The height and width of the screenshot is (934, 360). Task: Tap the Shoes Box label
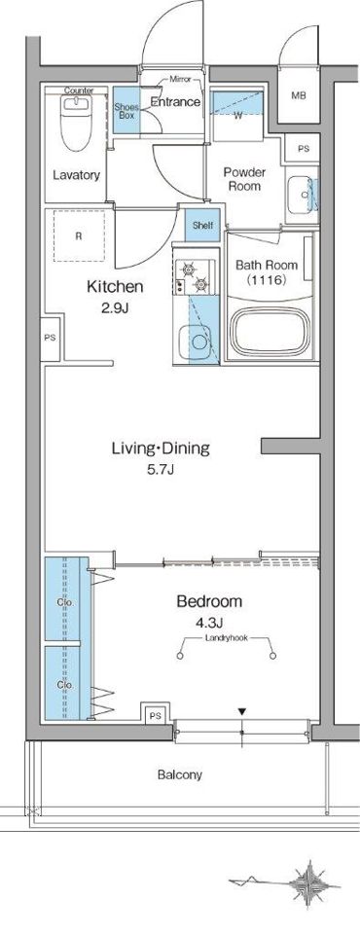pos(126,110)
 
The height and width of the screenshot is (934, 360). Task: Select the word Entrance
pos(175,102)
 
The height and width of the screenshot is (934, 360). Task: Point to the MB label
pos(299,95)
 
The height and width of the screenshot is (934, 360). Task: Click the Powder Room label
pos(244,179)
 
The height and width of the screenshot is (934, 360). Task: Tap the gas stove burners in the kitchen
pos(195,277)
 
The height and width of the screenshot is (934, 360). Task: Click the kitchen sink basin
pos(193,341)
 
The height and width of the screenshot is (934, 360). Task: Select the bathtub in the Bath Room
pos(271,331)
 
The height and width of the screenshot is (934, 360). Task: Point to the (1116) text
pos(267,279)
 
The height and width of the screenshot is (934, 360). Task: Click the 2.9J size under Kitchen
pos(115,308)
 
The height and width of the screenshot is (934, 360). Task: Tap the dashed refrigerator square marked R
pos(78,235)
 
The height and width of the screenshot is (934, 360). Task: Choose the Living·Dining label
pos(161,448)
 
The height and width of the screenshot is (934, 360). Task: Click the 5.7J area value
pos(161,470)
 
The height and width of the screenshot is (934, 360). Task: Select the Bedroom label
pos(209,601)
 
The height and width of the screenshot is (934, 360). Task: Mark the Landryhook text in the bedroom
pos(225,637)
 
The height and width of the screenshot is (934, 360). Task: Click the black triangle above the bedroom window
pos(242,711)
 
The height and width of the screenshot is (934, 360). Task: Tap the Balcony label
pos(180,775)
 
